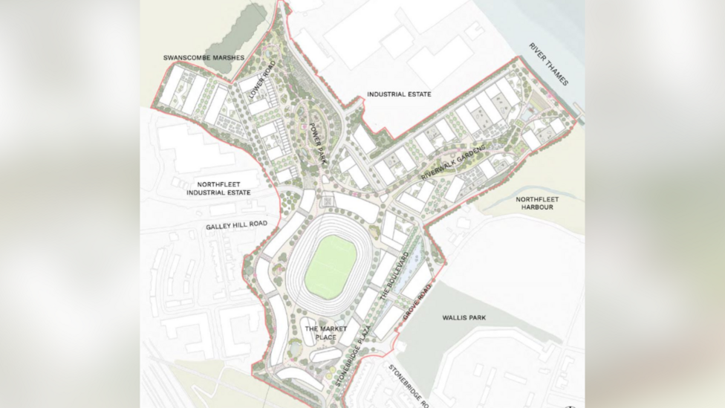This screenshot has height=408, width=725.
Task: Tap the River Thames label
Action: [548, 64]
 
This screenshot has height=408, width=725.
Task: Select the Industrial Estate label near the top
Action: [399, 94]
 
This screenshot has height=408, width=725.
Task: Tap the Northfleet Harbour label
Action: [537, 204]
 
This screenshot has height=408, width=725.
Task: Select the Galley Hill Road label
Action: [236, 224]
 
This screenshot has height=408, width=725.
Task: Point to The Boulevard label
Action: [394, 276]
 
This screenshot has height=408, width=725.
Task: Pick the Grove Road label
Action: [417, 305]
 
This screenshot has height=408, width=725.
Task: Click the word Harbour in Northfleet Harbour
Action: [537, 208]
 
